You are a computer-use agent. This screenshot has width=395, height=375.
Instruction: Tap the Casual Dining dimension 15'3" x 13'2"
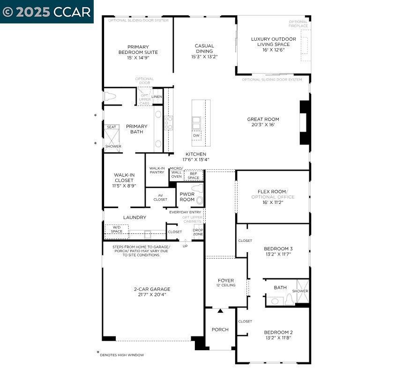[x=204, y=57]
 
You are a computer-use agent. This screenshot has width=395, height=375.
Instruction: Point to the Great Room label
[x=263, y=120]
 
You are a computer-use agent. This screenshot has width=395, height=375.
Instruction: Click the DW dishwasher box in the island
[x=196, y=135]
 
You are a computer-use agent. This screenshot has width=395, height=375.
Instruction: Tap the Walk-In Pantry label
[x=157, y=170]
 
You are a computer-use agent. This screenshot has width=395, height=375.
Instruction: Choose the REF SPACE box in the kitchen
[x=194, y=176]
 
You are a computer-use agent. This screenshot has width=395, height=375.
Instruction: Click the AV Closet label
[x=160, y=197]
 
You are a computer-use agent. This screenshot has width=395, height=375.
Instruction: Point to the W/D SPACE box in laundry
[x=116, y=229]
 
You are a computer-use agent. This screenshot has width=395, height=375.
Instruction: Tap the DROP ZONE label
[x=198, y=232]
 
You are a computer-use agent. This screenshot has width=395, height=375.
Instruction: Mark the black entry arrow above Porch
[x=220, y=311]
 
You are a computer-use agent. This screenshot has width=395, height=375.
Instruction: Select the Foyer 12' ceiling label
[x=226, y=283]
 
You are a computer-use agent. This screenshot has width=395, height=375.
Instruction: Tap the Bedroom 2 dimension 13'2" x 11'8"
[x=278, y=337]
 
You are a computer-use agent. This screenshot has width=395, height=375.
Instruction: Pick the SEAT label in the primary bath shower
[x=112, y=127]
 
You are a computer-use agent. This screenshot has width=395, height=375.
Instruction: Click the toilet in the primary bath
[x=110, y=97]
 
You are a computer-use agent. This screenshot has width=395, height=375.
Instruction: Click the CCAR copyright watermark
[x=46, y=12]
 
